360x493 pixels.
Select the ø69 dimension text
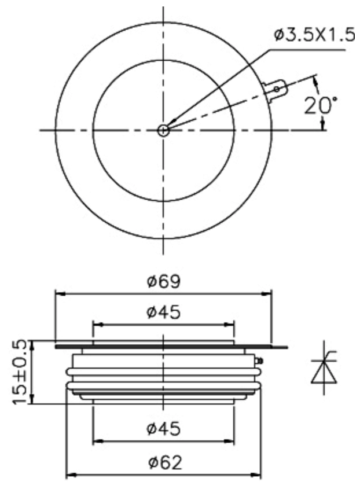tap(164, 281)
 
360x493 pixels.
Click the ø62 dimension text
tap(165, 462)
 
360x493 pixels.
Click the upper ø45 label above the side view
tap(164, 312)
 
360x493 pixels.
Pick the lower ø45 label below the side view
tap(164, 429)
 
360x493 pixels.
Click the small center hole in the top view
tap(163, 130)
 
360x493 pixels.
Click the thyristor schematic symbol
tap(324, 367)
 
